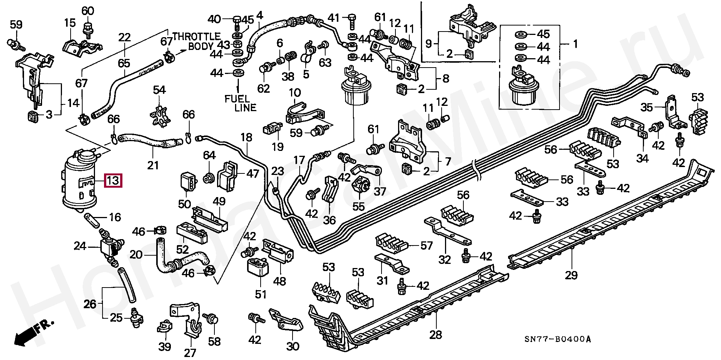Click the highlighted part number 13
(113, 181)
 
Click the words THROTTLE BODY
(196, 42)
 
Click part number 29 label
(571, 275)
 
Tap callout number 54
(159, 90)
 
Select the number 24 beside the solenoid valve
(80, 246)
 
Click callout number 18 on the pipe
(247, 137)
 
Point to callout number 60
(88, 11)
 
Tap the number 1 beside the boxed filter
(575, 44)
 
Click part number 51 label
(261, 294)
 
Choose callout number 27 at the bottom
(190, 353)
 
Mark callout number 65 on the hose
(124, 63)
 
